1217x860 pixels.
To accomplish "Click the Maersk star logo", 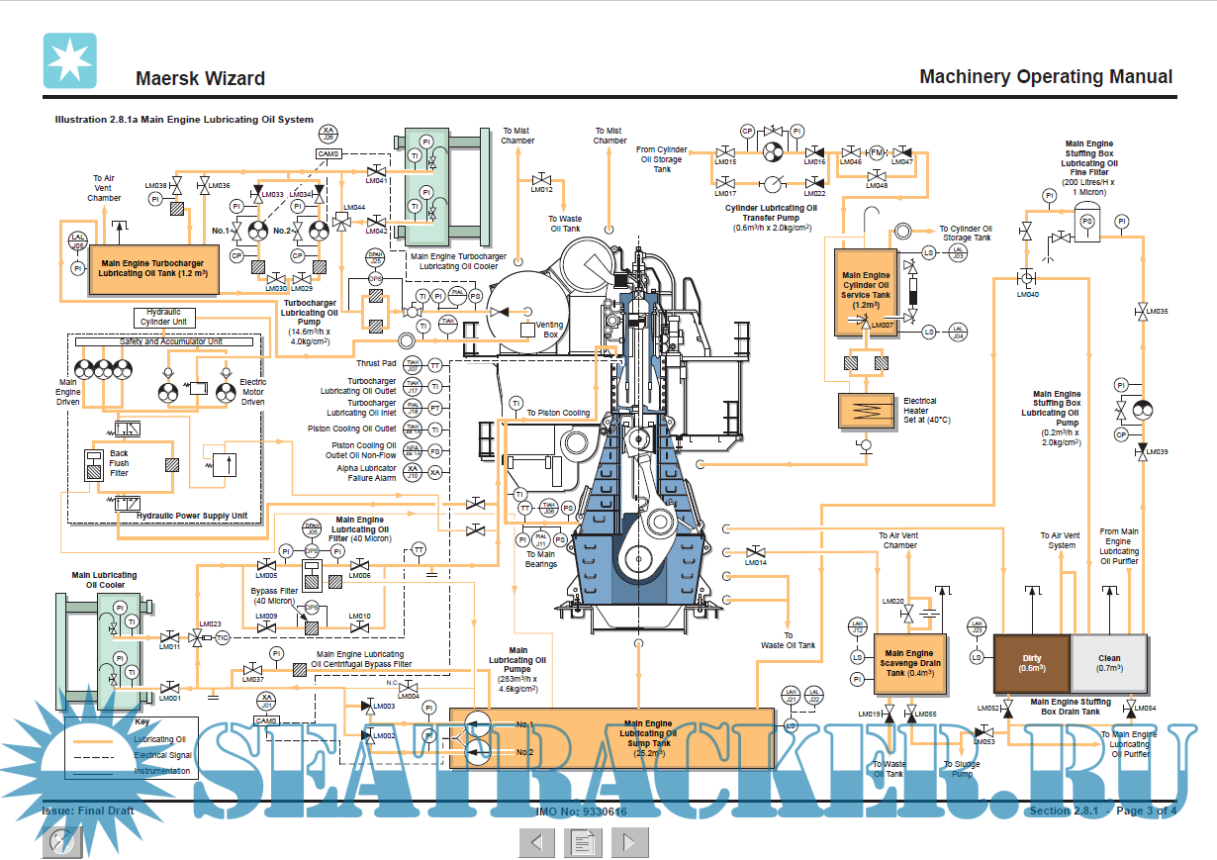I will [69, 60].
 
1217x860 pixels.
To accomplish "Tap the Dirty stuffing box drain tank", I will [1031, 663].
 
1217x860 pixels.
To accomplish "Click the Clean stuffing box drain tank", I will [1109, 663].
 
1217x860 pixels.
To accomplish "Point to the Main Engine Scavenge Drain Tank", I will [908, 663].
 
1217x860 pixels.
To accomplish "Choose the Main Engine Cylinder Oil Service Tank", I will [866, 291].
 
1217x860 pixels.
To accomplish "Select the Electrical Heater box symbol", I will [866, 410].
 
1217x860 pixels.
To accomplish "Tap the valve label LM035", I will [1157, 312].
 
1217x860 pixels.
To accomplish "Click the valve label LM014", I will [756, 563].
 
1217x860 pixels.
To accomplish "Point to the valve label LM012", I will [541, 189].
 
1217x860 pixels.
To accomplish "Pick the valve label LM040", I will [1027, 294].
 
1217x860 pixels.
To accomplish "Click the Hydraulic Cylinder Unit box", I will [164, 317].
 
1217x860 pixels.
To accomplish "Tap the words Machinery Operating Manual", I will [1045, 77].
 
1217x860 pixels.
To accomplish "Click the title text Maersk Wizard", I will [200, 79].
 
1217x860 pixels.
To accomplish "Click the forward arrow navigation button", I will [629, 842].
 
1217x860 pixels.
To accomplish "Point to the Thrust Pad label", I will [377, 364].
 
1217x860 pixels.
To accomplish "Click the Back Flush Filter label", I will [119, 463].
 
